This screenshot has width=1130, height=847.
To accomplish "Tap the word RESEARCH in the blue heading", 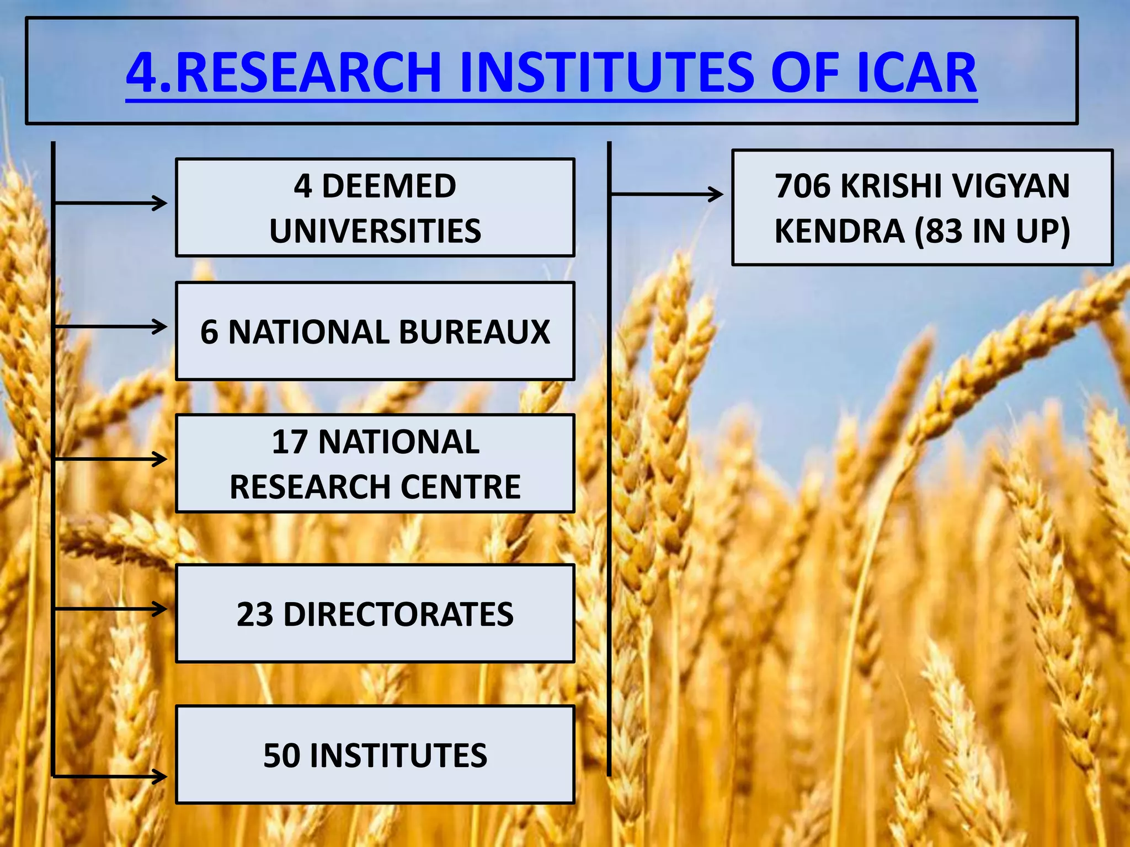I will pyautogui.click(x=309, y=72).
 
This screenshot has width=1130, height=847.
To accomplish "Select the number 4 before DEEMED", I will pyautogui.click(x=302, y=186).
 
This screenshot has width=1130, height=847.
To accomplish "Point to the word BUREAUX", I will pyautogui.click(x=475, y=332).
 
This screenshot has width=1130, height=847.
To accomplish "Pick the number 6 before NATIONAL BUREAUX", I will pyautogui.click(x=209, y=332).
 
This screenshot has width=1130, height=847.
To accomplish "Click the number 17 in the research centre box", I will pyautogui.click(x=289, y=442).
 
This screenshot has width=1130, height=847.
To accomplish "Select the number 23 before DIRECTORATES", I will pyautogui.click(x=254, y=614).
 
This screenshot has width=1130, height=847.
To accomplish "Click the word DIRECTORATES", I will pyautogui.click(x=398, y=614).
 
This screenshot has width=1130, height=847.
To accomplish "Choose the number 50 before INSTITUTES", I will pyautogui.click(x=281, y=755).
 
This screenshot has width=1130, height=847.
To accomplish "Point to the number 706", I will pyautogui.click(x=802, y=186).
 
